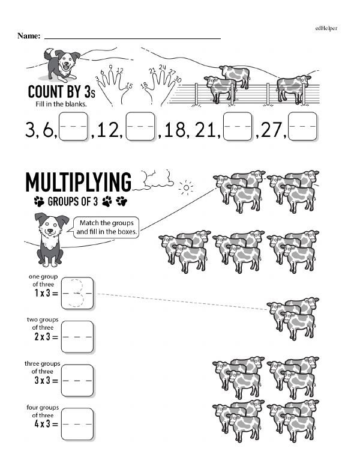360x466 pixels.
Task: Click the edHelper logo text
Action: point(326,28)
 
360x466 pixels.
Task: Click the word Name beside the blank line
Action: point(29,36)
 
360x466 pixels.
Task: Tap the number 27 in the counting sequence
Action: point(270,130)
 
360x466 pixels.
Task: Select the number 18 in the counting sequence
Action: point(175,130)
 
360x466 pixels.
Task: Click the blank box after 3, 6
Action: point(73,126)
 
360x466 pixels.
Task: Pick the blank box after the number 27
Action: point(302,126)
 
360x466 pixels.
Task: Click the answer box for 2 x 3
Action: point(77,337)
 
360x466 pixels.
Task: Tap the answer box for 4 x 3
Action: point(77,425)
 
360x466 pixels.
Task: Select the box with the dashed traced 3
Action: point(77,294)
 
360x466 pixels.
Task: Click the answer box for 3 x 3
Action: point(77,381)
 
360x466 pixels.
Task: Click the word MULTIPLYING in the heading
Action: point(79,182)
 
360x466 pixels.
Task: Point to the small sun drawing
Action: point(186,188)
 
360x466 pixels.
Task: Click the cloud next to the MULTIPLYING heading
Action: point(154,180)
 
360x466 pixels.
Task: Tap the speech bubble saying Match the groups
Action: point(106,228)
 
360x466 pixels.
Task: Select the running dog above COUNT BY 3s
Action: point(61,65)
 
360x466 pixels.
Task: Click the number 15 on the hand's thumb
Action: point(129,86)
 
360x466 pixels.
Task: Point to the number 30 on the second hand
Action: point(178,79)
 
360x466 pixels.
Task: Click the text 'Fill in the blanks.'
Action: point(61,104)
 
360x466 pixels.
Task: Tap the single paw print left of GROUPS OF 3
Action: point(39,202)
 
